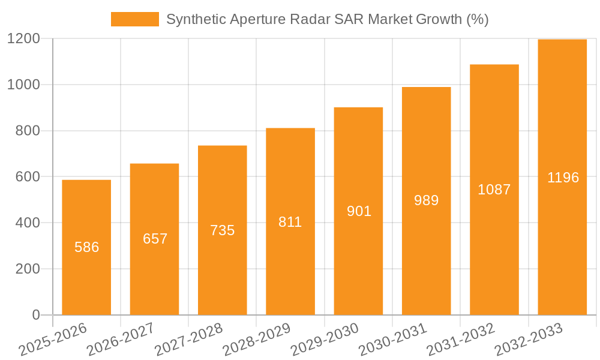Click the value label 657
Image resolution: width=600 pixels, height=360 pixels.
[x=155, y=239]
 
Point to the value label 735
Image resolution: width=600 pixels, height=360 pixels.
[x=223, y=230]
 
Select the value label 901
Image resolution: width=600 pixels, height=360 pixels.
[x=359, y=211]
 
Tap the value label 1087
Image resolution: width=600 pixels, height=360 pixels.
[x=494, y=190]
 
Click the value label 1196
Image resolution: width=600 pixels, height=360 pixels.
[x=563, y=178]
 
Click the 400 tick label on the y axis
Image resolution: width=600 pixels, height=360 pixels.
[x=28, y=223]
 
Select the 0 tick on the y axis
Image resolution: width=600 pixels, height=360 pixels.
[x=35, y=315]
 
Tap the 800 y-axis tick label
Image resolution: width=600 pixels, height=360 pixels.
[x=28, y=131]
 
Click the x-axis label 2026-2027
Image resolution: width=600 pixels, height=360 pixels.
[x=120, y=339]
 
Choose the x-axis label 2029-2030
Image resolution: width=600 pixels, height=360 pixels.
[x=324, y=339]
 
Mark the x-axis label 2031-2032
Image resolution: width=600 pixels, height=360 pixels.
[x=460, y=339]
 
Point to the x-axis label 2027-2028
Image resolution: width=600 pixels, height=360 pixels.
[x=188, y=339]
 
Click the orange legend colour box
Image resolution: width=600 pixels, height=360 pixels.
[x=135, y=19]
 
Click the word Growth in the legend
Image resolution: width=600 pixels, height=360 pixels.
[x=438, y=19]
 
